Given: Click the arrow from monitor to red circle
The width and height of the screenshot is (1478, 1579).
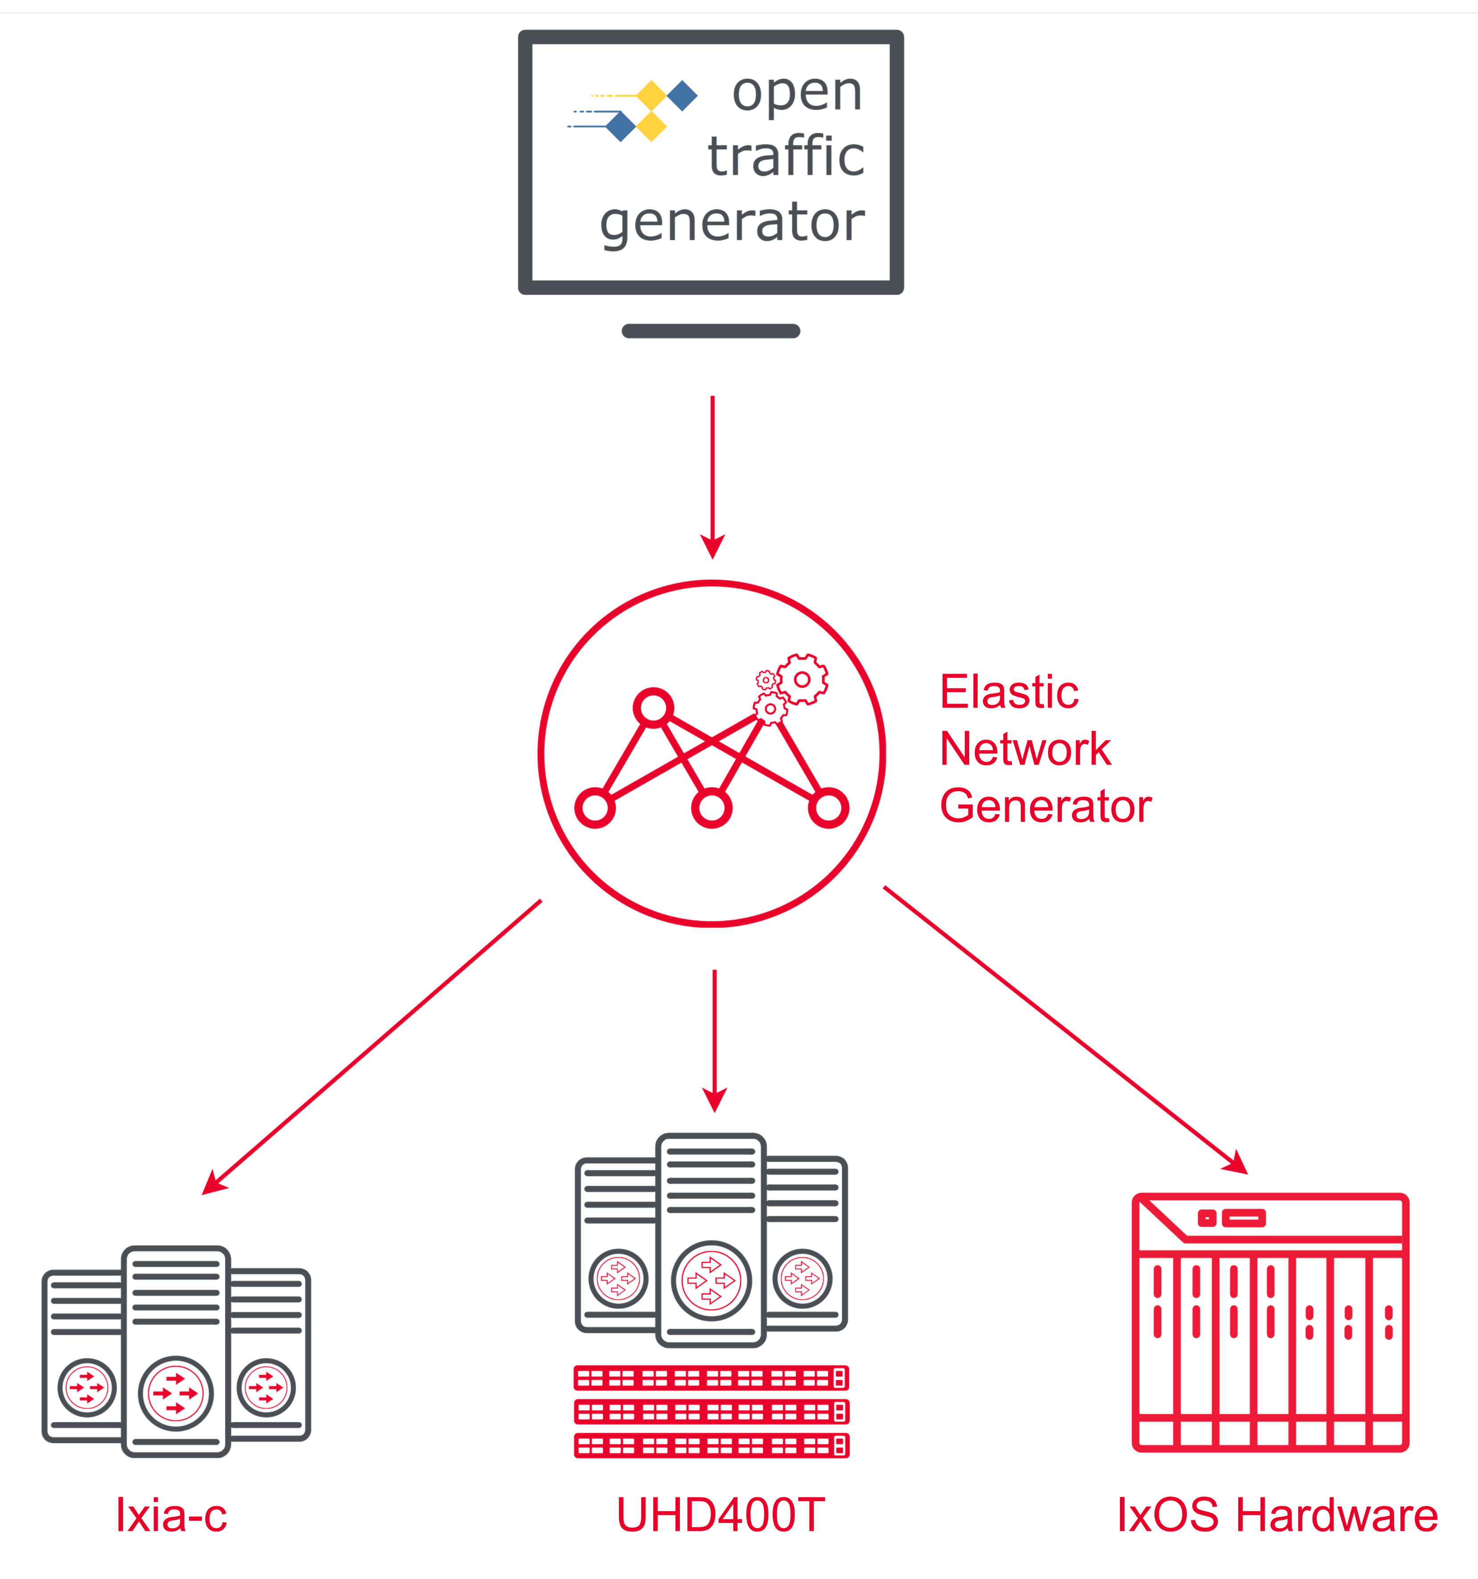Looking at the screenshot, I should pyautogui.click(x=712, y=477).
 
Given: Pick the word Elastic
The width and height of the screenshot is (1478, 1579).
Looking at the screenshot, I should pyautogui.click(x=1009, y=692).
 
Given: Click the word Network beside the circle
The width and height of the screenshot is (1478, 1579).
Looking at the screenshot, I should pyautogui.click(x=1024, y=749).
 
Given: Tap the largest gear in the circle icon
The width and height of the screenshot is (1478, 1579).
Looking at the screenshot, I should pyautogui.click(x=802, y=679).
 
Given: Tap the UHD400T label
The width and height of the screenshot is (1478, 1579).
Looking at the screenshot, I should pyautogui.click(x=721, y=1515).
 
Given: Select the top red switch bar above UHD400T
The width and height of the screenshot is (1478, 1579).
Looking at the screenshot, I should pyautogui.click(x=711, y=1378).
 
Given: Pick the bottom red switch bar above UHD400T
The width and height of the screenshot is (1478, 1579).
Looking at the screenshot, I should pyautogui.click(x=711, y=1446).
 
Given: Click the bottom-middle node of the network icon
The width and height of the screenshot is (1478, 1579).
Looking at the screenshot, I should pyautogui.click(x=712, y=809).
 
